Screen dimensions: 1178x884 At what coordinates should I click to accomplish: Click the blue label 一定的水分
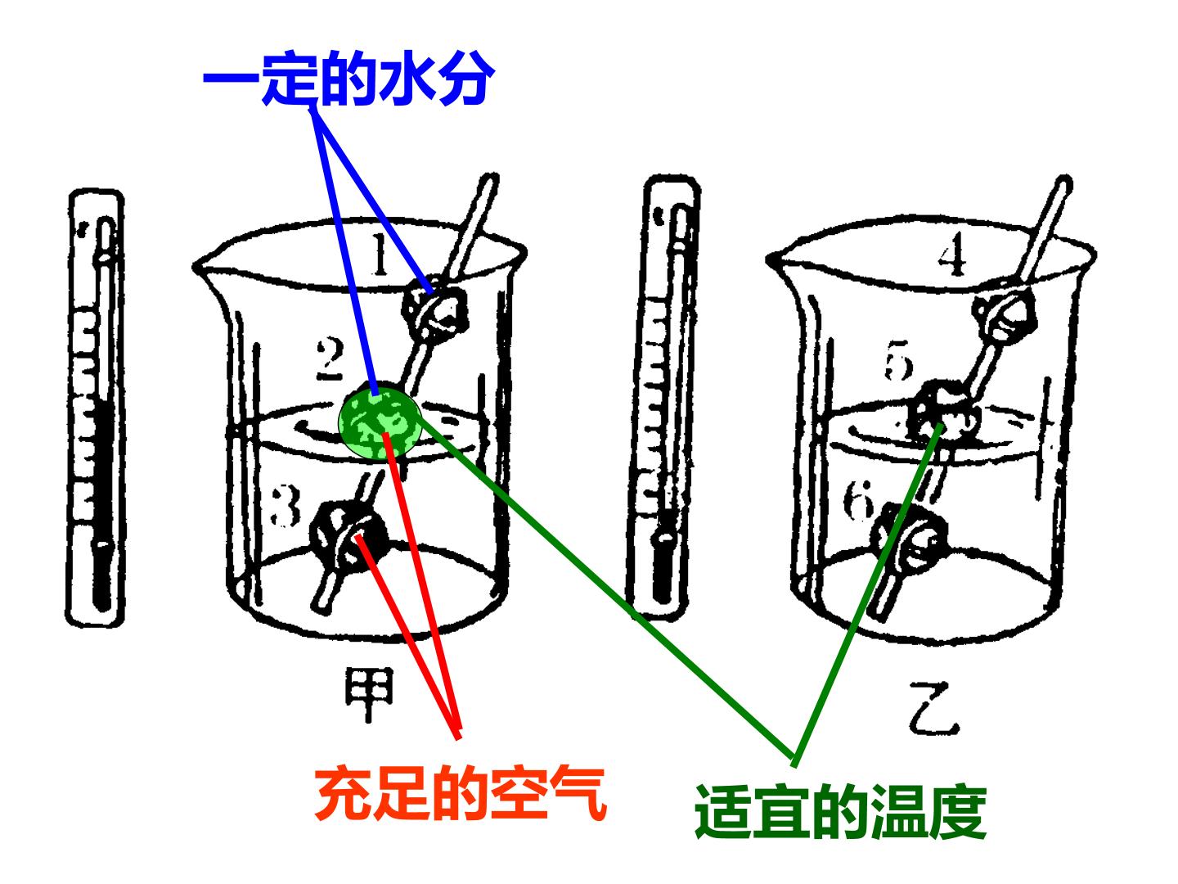[x=348, y=79]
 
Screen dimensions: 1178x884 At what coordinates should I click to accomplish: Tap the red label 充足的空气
[x=461, y=795]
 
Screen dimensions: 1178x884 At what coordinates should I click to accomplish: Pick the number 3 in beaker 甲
[x=285, y=505]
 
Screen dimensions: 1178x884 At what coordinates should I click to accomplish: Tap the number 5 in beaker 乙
[x=898, y=360]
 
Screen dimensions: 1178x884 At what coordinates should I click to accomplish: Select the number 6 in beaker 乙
[x=858, y=499]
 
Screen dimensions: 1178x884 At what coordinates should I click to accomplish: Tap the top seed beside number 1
[x=434, y=311]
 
